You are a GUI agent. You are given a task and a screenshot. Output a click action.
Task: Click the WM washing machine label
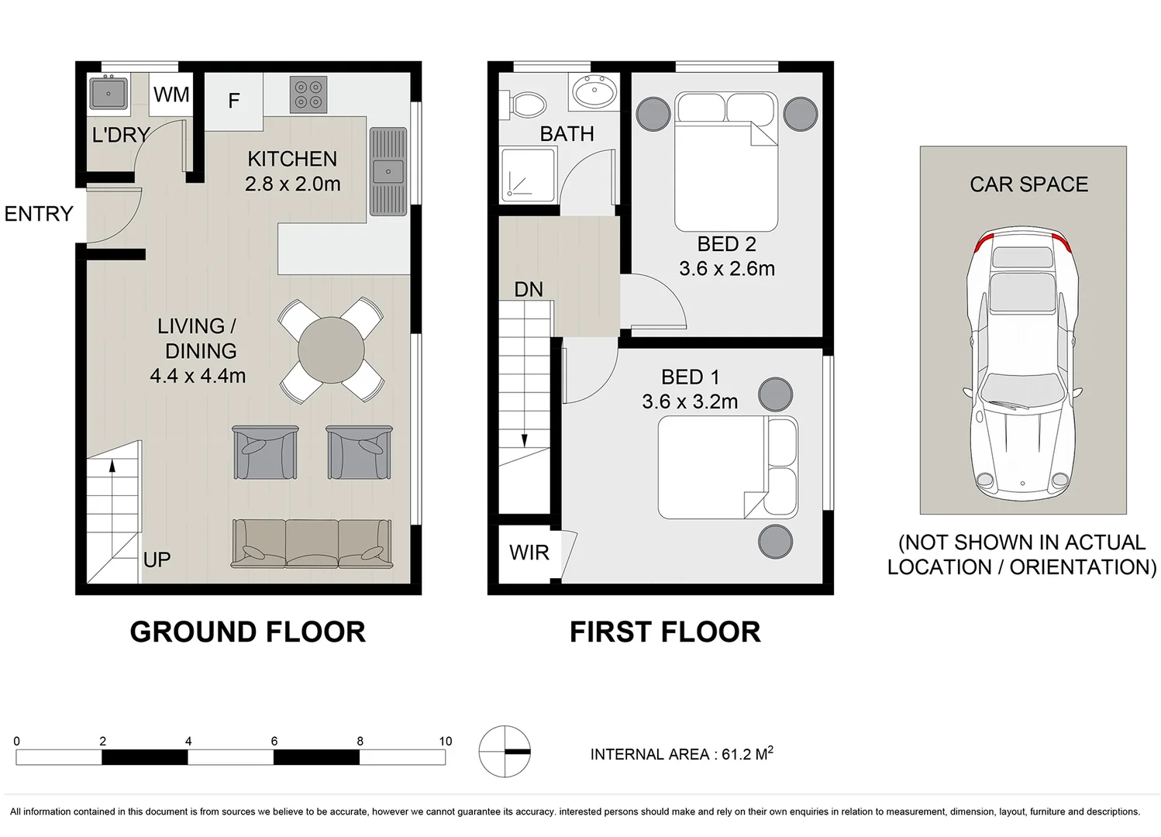171,95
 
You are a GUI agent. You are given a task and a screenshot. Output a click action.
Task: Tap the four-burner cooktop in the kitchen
308,95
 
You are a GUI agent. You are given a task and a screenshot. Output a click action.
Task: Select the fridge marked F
234,101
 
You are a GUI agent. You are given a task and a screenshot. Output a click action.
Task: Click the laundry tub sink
109,94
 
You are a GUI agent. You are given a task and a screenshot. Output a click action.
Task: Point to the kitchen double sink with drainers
388,171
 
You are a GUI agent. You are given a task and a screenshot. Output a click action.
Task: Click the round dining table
331,350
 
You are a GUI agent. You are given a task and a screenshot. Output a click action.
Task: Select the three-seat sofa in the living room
312,543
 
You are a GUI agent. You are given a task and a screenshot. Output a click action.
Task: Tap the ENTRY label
39,214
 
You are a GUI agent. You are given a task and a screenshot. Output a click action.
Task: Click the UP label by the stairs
157,560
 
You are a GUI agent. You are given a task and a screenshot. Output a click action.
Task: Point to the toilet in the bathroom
526,104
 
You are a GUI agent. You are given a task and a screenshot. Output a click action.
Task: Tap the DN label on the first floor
529,290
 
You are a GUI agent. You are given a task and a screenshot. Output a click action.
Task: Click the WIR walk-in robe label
529,553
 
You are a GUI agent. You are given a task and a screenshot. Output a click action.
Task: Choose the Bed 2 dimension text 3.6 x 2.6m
727,269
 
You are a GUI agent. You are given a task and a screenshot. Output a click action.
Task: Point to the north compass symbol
505,751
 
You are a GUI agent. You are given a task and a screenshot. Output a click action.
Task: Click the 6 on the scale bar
274,741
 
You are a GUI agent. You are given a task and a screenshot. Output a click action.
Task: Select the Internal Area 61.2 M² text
681,754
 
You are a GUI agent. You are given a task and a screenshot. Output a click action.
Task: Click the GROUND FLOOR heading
247,632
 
